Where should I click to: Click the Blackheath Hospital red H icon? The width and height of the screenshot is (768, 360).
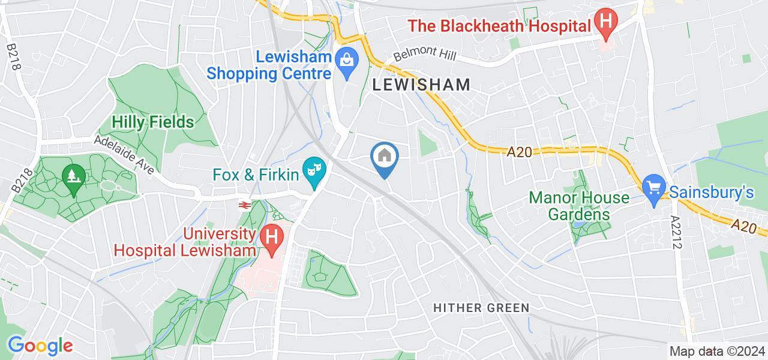tap(606, 23)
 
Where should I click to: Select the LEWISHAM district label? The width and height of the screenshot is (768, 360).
tap(421, 85)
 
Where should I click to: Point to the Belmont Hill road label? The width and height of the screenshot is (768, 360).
tap(425, 56)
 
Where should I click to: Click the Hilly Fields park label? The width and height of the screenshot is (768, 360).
tap(153, 122)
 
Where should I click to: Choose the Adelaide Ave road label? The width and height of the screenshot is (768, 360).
tap(124, 153)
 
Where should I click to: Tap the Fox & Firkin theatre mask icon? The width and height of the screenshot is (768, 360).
tap(311, 175)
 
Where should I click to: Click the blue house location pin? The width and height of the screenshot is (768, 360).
tap(384, 157)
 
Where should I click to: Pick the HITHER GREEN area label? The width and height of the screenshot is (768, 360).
tap(481, 308)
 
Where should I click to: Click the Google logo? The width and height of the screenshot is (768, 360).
tap(40, 346)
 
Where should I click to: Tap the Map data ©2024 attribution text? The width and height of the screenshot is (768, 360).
tap(718, 352)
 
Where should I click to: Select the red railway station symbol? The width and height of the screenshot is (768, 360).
tap(244, 205)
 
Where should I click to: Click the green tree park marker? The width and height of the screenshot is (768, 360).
tap(73, 178)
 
